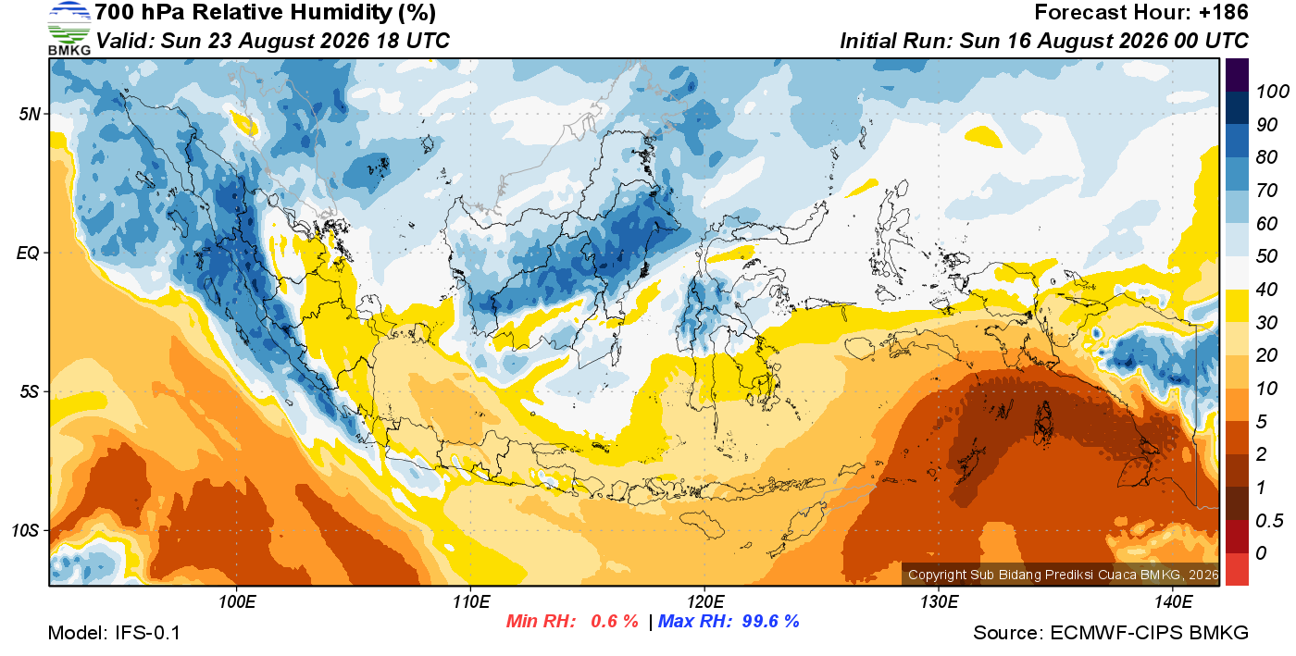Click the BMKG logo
[69, 29]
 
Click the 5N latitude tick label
[30, 114]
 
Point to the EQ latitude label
[28, 253]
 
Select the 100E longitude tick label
[237, 602]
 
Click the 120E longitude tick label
[704, 602]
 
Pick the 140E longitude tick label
[1173, 602]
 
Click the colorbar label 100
[1272, 92]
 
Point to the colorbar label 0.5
[1269, 521]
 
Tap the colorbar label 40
[1266, 290]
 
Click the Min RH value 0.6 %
[614, 621]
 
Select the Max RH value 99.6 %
[770, 621]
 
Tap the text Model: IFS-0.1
[114, 633]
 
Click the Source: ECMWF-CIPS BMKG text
[1111, 633]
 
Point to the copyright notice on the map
[1063, 575]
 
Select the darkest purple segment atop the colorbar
[1237, 75]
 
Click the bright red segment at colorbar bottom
[1237, 569]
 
